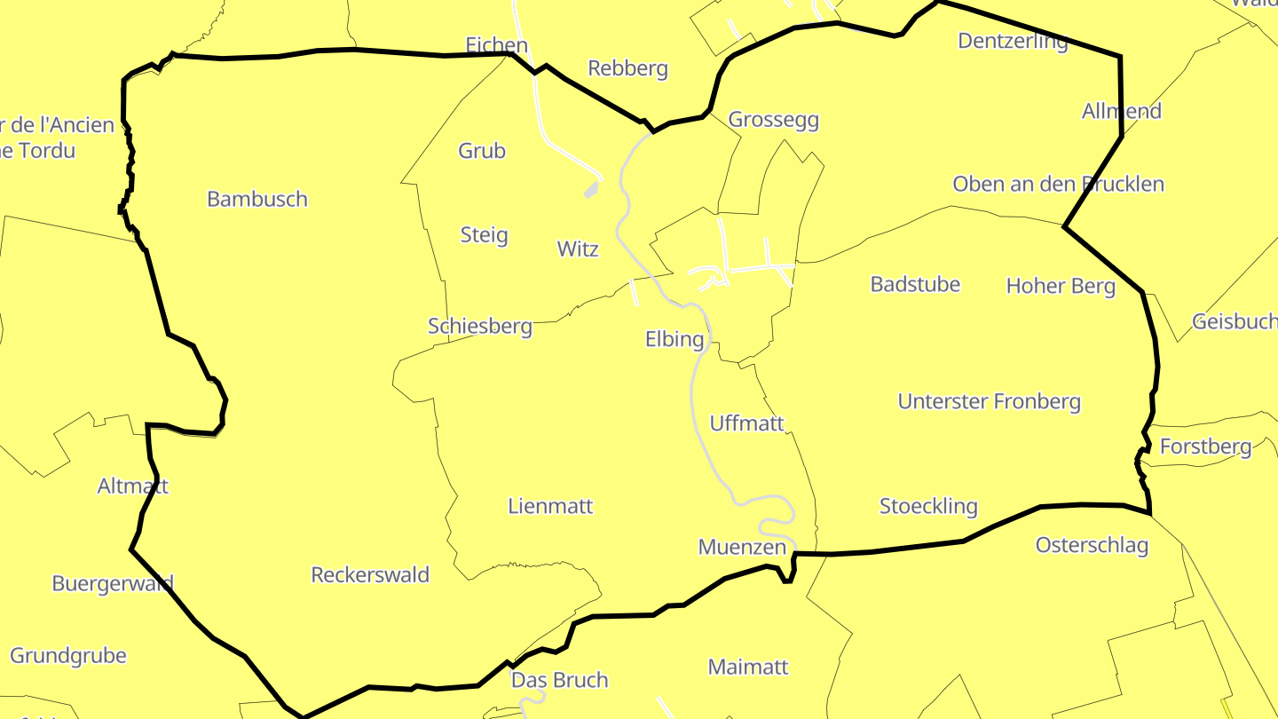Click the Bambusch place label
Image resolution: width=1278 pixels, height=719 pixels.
point(257,199)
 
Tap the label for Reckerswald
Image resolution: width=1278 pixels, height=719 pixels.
point(370,575)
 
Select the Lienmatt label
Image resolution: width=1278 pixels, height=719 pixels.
point(550,507)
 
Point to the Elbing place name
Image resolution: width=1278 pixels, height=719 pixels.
point(674,339)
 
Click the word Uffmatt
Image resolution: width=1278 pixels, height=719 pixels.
point(747,423)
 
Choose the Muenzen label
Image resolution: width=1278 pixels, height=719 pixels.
point(742,547)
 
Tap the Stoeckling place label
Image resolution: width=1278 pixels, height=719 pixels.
point(928,507)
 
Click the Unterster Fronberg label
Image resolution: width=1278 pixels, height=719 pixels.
point(990,401)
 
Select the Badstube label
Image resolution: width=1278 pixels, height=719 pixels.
point(915,284)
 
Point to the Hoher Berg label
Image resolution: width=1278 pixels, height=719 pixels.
point(1061,286)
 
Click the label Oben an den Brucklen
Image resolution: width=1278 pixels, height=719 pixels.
point(1058,185)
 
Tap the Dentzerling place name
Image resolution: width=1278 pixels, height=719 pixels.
point(1013,41)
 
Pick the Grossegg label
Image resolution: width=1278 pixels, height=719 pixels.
point(773,120)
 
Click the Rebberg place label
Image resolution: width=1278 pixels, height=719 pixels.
point(627,68)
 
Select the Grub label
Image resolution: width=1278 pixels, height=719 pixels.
point(482,151)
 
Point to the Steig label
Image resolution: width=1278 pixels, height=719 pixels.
point(484,235)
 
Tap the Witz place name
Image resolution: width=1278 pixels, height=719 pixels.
point(578,249)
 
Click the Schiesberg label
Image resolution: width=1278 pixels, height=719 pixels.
point(480,327)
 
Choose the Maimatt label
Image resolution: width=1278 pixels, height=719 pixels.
point(748,667)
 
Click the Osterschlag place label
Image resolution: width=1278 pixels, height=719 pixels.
point(1092,545)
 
